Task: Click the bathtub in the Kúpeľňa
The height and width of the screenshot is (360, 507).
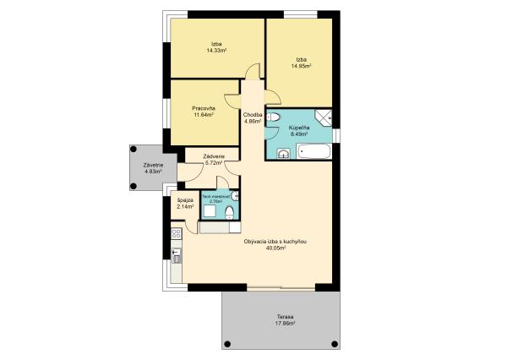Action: [314, 151]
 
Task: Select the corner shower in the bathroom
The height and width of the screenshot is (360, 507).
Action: [324, 117]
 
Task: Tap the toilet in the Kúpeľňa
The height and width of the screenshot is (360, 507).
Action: [274, 117]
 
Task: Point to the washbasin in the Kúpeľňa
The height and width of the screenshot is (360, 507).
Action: [284, 154]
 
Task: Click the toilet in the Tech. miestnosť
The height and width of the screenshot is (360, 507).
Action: [229, 212]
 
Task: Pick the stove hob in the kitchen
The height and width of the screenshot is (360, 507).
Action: [177, 233]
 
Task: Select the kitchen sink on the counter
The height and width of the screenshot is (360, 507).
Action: [177, 255]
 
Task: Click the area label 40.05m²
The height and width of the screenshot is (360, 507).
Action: [275, 248]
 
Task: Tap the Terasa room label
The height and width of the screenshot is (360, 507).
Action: [285, 317]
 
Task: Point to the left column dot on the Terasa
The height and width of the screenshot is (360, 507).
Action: [227, 344]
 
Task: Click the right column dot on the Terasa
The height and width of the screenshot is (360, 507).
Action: [335, 344]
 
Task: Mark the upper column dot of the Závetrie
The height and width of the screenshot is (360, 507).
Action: [134, 149]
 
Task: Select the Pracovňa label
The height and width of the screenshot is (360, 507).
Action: [204, 108]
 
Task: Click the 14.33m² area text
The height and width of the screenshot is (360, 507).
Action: [216, 51]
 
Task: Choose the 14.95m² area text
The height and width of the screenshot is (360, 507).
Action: [302, 66]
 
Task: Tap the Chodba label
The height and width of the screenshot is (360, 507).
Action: [253, 115]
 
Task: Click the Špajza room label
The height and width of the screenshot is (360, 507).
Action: [185, 200]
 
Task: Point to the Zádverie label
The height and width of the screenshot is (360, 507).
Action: [214, 156]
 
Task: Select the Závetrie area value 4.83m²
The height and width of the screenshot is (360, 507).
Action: [153, 172]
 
